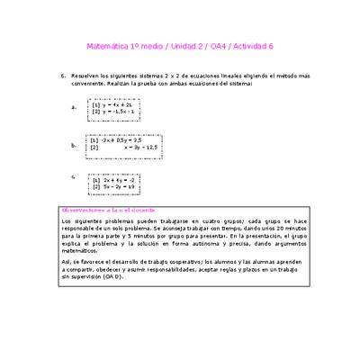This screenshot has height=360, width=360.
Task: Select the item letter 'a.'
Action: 73,107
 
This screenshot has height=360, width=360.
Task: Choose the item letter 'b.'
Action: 73,144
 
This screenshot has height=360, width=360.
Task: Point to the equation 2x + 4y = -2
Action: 120,180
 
